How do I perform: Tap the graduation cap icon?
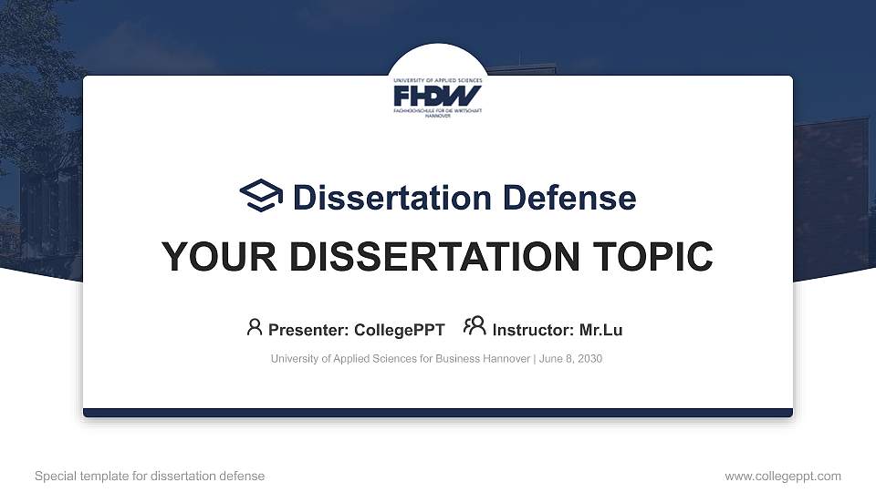click(x=262, y=196)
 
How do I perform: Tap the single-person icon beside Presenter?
click(x=255, y=327)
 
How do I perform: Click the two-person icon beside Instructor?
click(x=474, y=327)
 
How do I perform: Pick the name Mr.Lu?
click(x=600, y=330)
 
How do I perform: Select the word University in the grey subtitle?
click(x=294, y=359)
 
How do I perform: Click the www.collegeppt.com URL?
click(x=783, y=476)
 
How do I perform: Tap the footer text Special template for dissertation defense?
click(x=150, y=476)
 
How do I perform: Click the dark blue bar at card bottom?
click(x=437, y=413)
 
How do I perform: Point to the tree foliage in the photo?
click(x=36, y=82)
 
